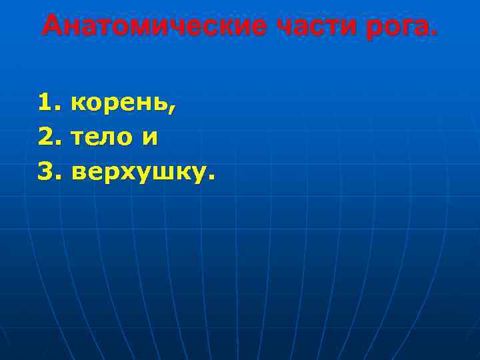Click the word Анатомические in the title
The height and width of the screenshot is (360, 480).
(153, 27)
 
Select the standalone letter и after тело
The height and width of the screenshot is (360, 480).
(150, 139)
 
